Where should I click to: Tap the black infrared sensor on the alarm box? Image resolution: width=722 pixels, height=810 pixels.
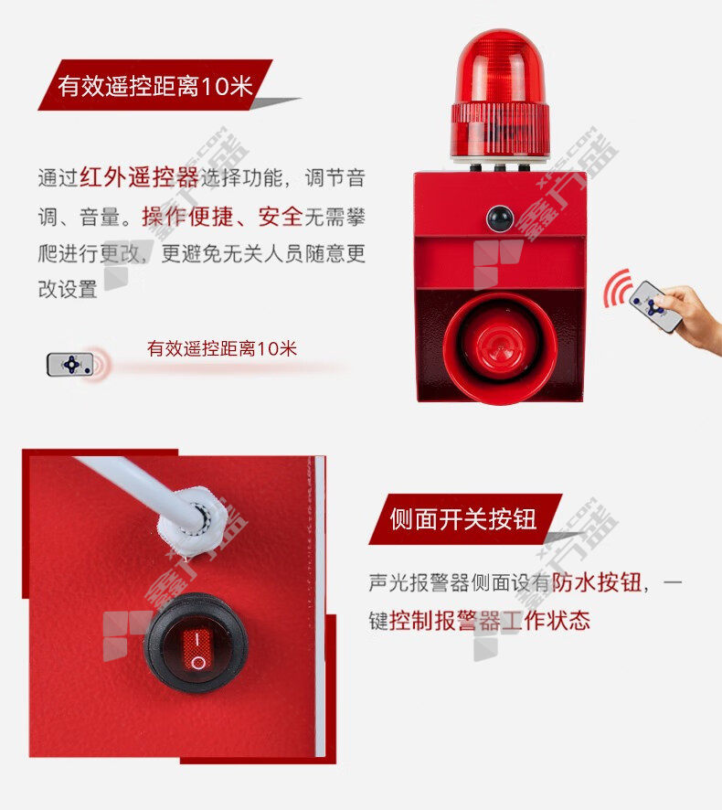coord(499,218)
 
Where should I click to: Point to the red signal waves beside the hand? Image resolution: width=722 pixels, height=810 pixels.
coord(618,288)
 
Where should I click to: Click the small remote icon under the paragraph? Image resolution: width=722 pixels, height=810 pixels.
coord(70,364)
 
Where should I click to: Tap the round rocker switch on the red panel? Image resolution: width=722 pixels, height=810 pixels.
coord(196,643)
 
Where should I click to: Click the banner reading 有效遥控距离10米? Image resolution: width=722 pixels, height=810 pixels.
coord(155,85)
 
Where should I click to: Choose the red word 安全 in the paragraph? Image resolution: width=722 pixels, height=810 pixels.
coord(281,217)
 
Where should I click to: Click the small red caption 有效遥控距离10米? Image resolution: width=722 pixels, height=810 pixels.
coord(222,348)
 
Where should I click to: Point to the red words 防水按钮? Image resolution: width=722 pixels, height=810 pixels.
coord(597,582)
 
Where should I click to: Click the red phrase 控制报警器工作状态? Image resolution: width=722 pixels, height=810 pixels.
coord(490,621)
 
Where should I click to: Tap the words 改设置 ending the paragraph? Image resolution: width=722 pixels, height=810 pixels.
coord(68,289)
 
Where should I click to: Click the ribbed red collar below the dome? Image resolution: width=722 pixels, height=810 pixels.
coord(500,129)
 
